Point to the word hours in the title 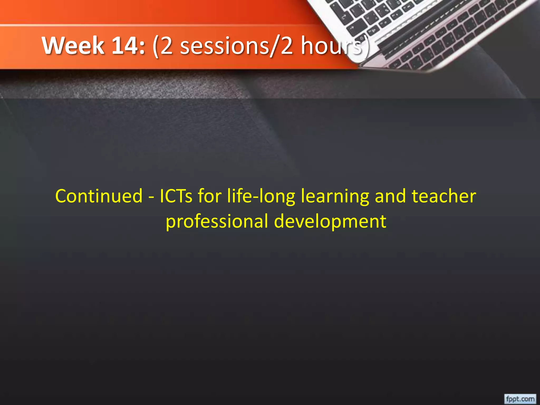click(x=331, y=46)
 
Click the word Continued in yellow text click(x=99, y=196)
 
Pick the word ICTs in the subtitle click(x=176, y=196)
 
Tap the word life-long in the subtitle click(x=261, y=197)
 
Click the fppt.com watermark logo click(x=520, y=398)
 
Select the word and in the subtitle click(x=390, y=196)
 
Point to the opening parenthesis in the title click(x=156, y=46)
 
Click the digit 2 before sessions click(x=167, y=46)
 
